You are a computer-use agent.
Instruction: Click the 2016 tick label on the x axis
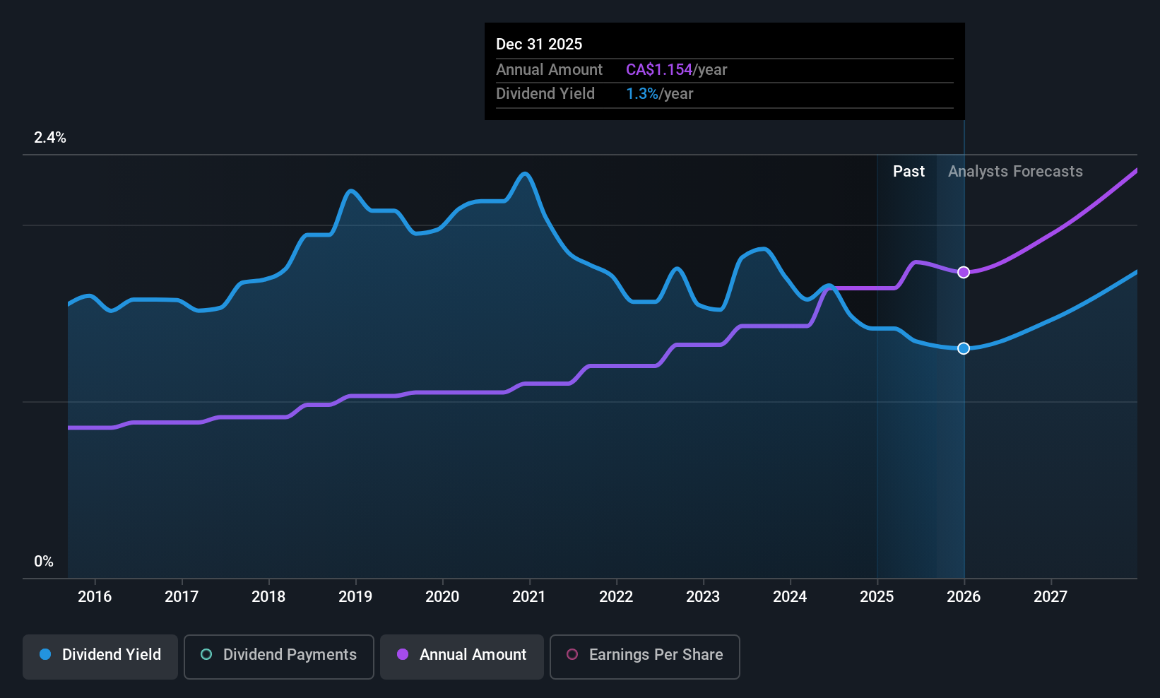(x=95, y=597)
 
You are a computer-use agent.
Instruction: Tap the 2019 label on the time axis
(x=355, y=597)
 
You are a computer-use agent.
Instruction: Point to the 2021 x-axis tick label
(x=529, y=597)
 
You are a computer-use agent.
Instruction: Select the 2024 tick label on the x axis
(x=790, y=597)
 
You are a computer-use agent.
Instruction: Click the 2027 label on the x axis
(x=1050, y=597)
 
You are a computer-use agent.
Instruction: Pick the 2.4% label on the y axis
(x=50, y=138)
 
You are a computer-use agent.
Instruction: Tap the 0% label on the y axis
(x=44, y=562)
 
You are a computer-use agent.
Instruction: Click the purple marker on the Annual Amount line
(x=964, y=273)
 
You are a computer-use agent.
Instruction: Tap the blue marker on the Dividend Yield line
(x=964, y=348)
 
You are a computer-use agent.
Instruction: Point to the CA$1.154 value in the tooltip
(x=659, y=70)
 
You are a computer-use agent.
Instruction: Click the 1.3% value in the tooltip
(x=641, y=94)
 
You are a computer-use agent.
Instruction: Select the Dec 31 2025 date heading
(x=539, y=45)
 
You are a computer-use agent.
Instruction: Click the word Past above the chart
(x=909, y=172)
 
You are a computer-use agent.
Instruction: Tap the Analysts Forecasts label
(x=1015, y=172)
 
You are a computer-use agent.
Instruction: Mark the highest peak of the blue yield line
(x=524, y=174)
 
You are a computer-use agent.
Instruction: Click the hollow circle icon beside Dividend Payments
(x=206, y=655)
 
